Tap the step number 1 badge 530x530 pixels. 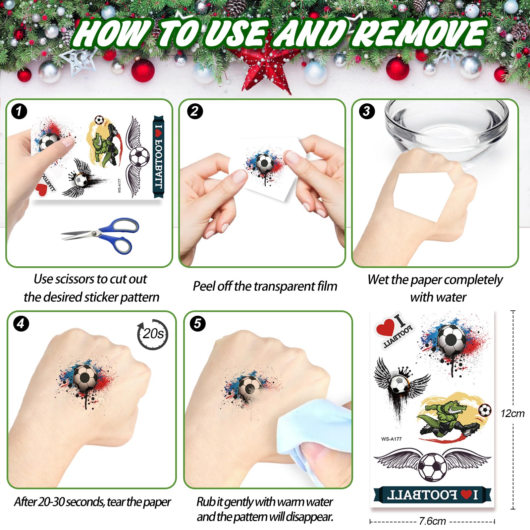click(19, 111)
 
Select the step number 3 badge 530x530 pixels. click(367, 111)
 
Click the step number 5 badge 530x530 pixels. click(197, 324)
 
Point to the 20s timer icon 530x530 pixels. click(153, 334)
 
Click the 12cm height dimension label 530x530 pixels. click(512, 413)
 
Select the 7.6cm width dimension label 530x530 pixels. click(432, 521)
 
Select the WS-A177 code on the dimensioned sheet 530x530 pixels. click(391, 439)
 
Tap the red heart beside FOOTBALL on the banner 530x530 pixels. click(466, 495)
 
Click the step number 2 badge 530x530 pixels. click(194, 111)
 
